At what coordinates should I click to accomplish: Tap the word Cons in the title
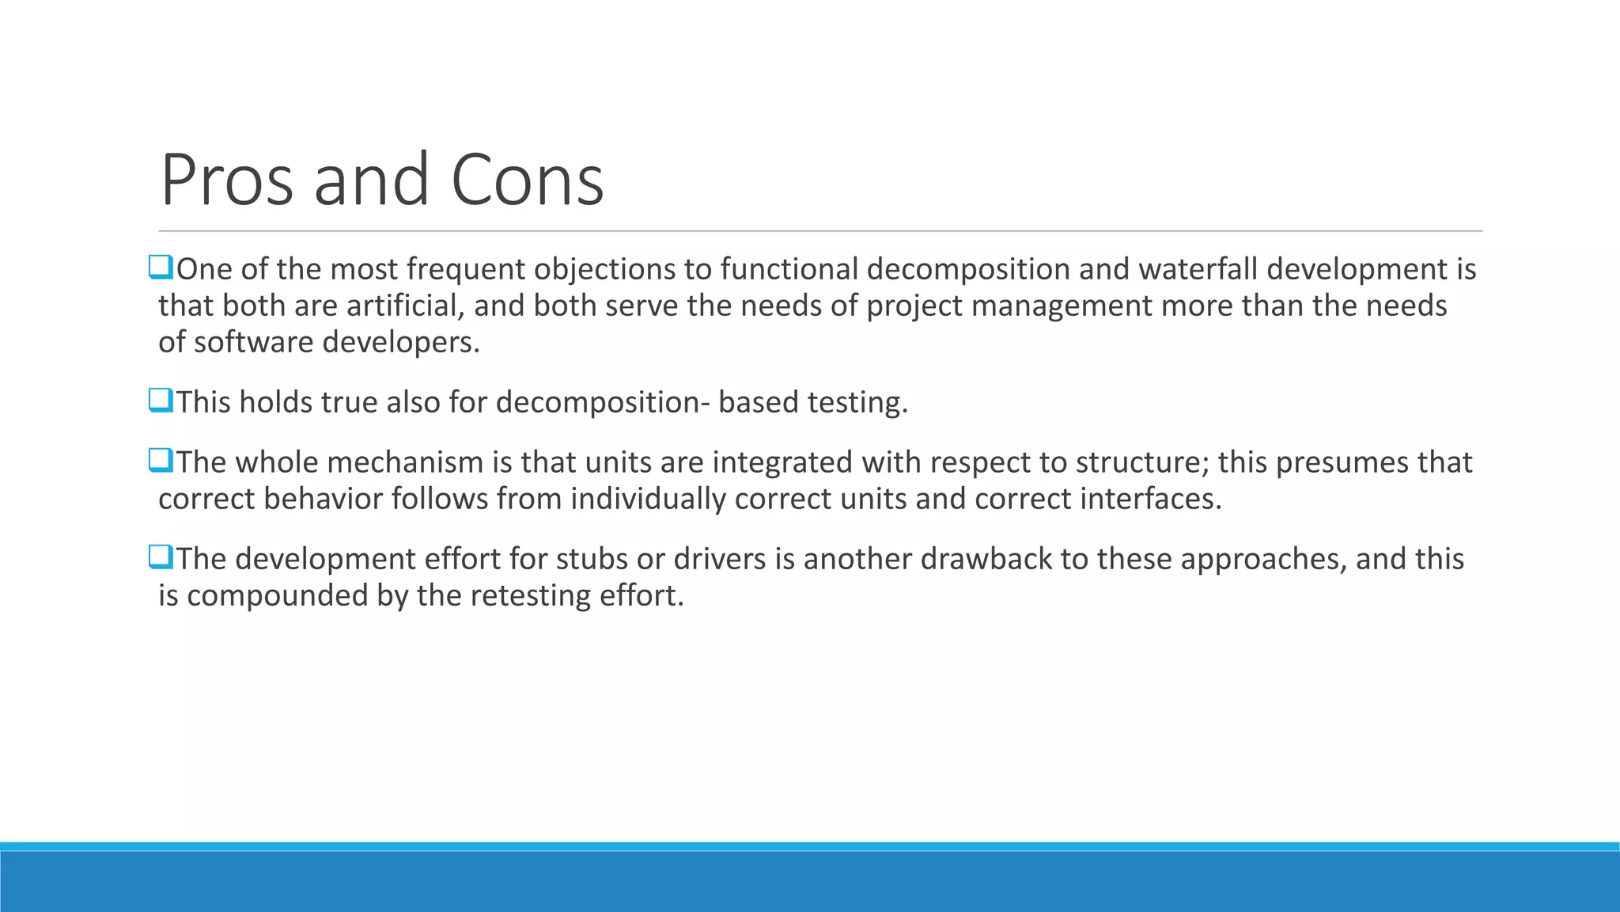527,180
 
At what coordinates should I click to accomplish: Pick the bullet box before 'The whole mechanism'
161,461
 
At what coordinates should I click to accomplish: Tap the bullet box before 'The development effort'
161,557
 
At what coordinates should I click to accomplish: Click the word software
253,342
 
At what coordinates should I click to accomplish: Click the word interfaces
1151,499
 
